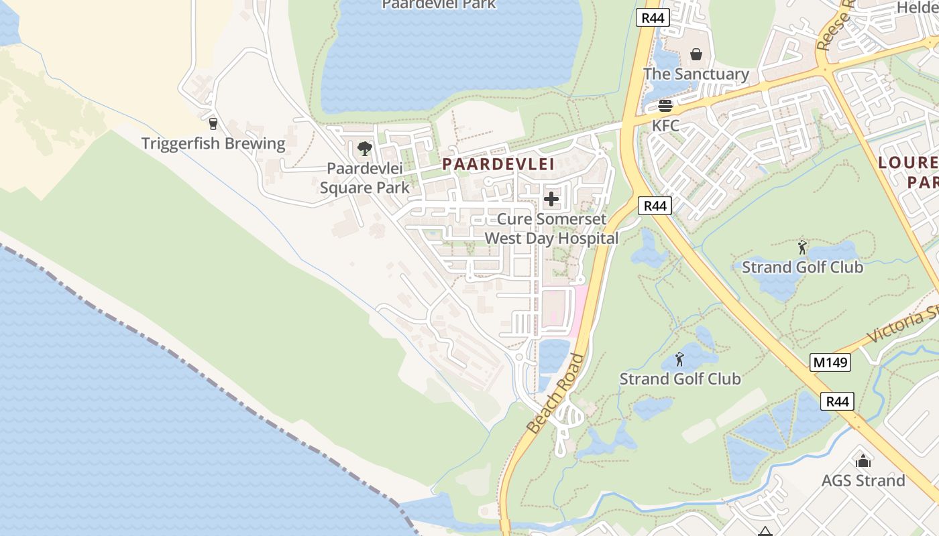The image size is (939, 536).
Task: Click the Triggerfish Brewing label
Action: pos(213,143)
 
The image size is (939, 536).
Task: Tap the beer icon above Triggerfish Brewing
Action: pos(213,124)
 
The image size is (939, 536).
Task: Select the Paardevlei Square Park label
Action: pos(364,178)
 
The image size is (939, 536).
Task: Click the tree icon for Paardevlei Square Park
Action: pos(364,148)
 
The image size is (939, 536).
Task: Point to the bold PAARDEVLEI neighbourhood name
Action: pos(498,164)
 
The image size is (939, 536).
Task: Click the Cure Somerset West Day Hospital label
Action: pos(551,228)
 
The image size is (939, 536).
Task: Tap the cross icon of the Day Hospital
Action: pos(551,199)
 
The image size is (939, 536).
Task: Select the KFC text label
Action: pos(665,125)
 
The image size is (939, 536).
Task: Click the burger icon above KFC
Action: pos(665,106)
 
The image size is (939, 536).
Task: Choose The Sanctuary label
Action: pos(696,74)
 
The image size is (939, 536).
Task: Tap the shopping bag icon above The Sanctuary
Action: pos(696,54)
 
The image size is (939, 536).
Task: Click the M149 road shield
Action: pos(830,362)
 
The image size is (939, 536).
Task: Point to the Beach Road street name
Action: pos(552,393)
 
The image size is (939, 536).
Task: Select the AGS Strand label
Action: pos(863,480)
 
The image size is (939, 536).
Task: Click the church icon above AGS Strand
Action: pos(863,461)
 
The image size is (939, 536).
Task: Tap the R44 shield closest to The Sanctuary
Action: pos(653,18)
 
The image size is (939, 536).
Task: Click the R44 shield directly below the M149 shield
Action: pos(837,401)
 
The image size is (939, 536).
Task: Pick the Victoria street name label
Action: pos(905,325)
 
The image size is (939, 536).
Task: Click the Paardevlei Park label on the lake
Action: pos(439,5)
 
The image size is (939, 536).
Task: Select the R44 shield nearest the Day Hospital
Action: pos(655,206)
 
